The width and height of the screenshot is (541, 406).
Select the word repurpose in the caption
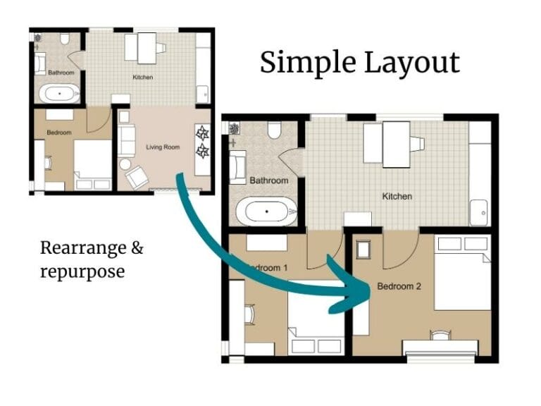tap(82, 271)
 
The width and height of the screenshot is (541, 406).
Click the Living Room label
tap(163, 147)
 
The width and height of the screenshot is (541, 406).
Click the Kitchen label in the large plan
tap(397, 196)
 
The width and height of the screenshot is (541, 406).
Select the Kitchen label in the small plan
tap(143, 76)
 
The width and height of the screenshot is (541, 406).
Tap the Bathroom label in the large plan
tap(269, 180)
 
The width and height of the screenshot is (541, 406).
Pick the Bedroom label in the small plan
tap(59, 133)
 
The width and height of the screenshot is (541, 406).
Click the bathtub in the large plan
tap(266, 210)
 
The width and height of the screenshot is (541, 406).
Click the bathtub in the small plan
tap(59, 92)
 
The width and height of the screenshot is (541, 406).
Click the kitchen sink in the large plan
tap(480, 211)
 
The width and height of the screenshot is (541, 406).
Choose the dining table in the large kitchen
tap(395, 144)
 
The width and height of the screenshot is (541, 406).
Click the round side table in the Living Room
tap(125, 164)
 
